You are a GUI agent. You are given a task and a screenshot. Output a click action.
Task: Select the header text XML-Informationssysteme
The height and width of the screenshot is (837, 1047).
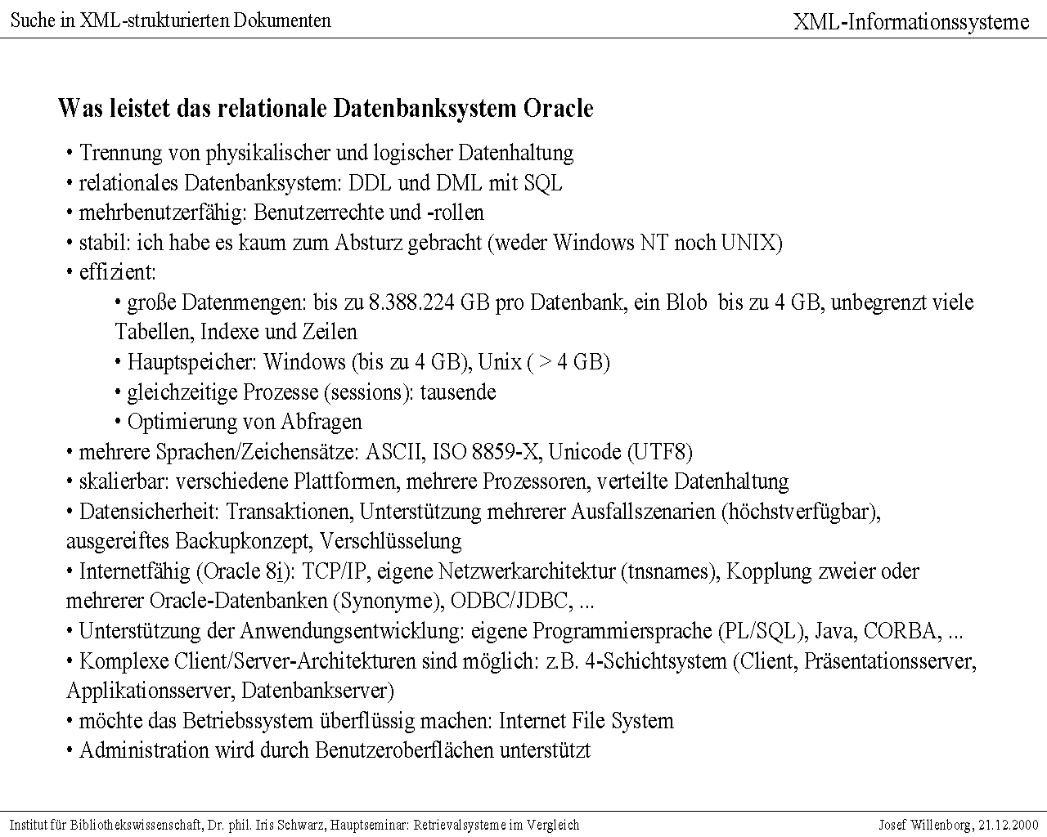[911, 22]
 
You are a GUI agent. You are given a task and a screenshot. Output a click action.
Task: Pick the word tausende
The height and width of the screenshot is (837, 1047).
[458, 392]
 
